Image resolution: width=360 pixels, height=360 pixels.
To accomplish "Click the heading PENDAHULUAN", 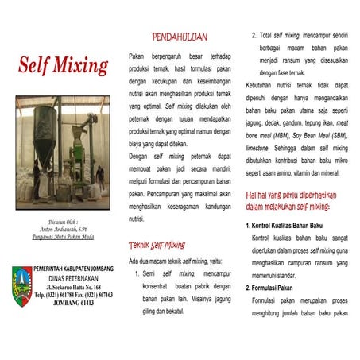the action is (x=180, y=37).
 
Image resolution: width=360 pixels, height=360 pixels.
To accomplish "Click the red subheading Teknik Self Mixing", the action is (x=157, y=245).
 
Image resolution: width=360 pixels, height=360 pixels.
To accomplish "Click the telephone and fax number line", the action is (x=72, y=295).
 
